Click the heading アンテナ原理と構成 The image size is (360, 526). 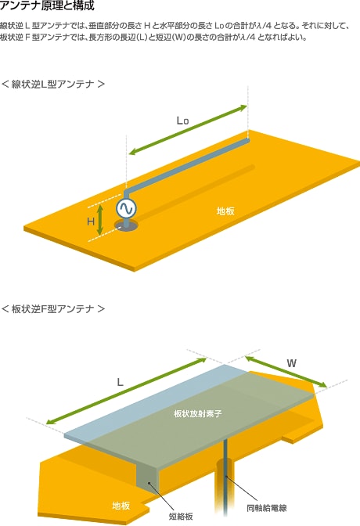[47, 5]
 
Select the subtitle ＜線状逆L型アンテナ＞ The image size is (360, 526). [53, 84]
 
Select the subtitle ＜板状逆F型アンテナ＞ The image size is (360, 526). [53, 308]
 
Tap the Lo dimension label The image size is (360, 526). [182, 121]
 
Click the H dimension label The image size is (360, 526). [91, 222]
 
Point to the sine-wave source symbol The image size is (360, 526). [126, 208]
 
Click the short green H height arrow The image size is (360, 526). [99, 220]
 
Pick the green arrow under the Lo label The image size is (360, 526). [189, 130]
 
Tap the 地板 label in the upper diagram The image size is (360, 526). [225, 211]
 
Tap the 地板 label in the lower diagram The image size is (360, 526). [121, 506]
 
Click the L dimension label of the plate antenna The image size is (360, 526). [120, 382]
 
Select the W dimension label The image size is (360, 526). [292, 363]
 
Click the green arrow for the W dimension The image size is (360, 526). [286, 372]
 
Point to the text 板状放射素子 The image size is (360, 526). [198, 413]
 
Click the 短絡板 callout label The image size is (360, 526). [181, 517]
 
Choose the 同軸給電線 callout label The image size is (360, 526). [267, 508]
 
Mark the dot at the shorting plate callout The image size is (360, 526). [149, 483]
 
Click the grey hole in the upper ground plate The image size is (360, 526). [126, 225]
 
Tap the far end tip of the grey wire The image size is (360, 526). [247, 140]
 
